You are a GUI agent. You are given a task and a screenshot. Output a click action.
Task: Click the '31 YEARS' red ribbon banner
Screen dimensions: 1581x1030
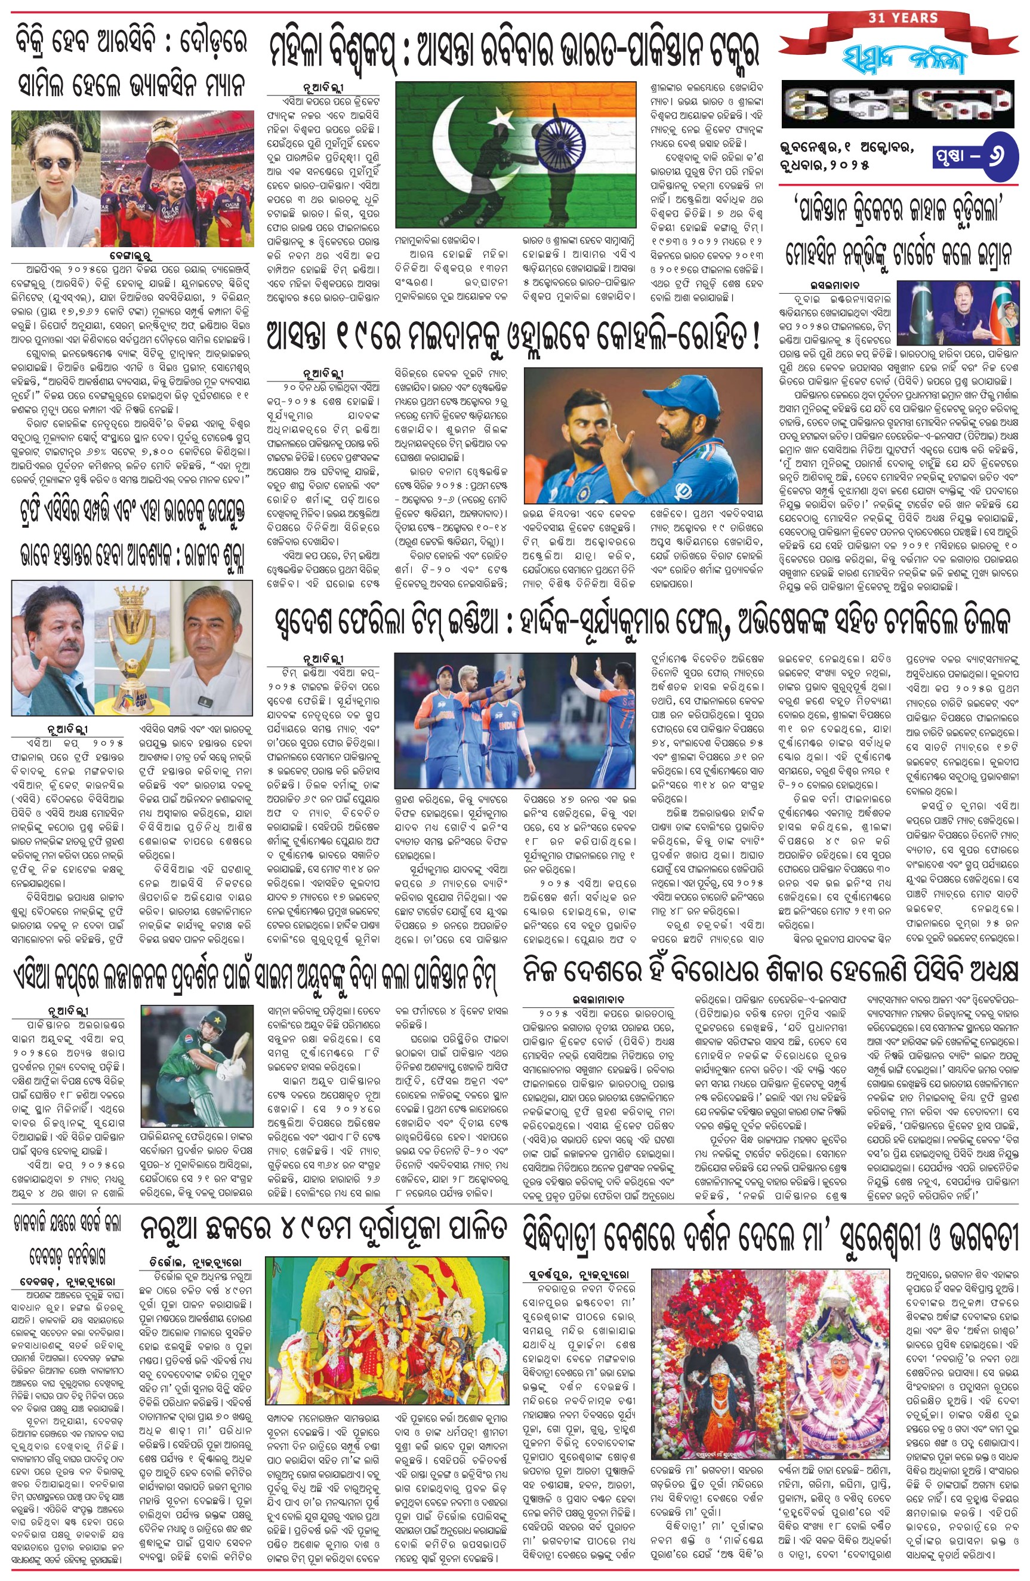(x=902, y=19)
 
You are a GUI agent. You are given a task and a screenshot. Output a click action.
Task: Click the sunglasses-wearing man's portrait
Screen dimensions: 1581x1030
(x=55, y=179)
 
